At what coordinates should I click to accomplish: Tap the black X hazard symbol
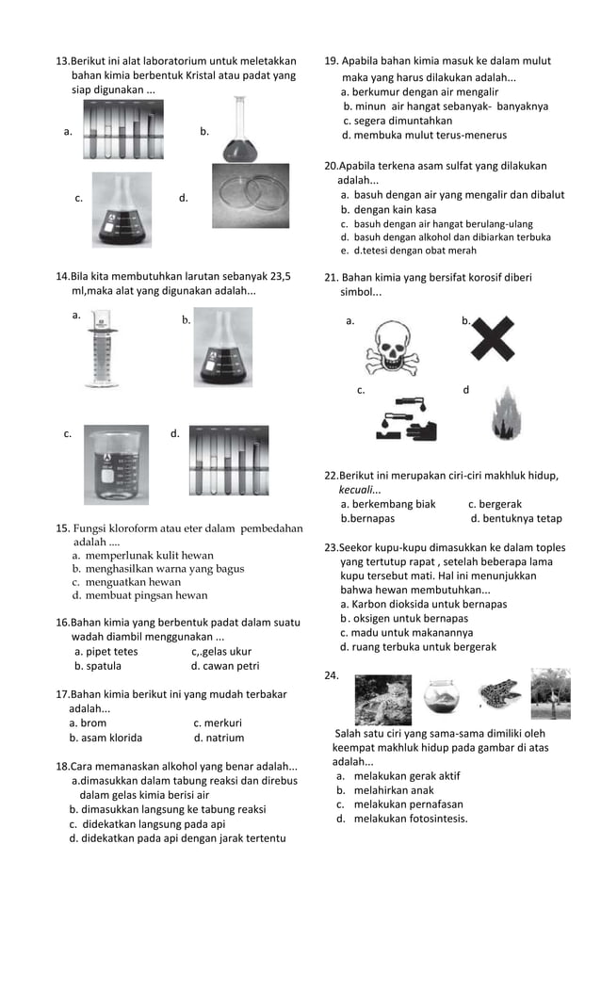[x=492, y=336]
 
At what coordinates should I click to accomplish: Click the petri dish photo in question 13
[x=251, y=196]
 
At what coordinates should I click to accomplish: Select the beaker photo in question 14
[x=116, y=464]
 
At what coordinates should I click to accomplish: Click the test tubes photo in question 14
[x=228, y=461]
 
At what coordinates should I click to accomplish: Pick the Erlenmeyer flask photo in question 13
[x=121, y=210]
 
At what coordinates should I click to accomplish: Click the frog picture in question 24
[x=498, y=693]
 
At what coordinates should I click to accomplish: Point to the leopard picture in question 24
[x=382, y=699]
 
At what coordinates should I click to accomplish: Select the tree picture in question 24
[x=550, y=693]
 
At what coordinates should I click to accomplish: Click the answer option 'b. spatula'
[x=98, y=666]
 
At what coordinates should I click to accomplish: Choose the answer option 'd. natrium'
[x=219, y=738]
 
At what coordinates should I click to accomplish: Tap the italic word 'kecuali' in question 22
[x=360, y=490]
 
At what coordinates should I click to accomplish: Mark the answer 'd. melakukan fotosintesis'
[x=401, y=819]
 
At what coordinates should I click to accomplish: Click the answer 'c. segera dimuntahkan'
[x=397, y=121]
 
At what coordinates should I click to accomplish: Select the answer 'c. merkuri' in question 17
[x=218, y=723]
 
